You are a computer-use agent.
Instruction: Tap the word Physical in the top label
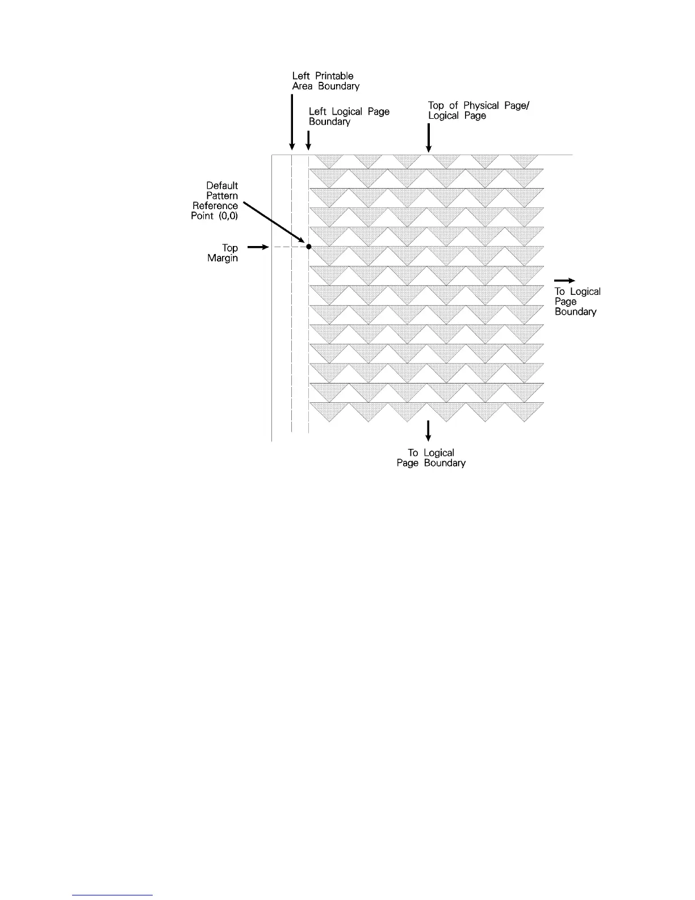point(481,106)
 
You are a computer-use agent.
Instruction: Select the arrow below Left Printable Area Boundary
point(292,122)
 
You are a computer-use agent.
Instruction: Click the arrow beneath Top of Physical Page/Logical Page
point(429,138)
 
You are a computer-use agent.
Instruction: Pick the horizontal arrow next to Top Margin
point(257,247)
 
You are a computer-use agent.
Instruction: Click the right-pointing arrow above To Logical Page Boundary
point(564,280)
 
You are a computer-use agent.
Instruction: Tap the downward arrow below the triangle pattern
point(428,431)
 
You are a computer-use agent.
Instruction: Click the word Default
point(222,186)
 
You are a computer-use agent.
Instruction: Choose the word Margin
point(223,259)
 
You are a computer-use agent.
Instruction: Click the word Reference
point(215,206)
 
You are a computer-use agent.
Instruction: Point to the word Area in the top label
point(302,86)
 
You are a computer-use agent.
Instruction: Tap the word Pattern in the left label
point(222,196)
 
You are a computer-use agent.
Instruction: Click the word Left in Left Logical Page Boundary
point(317,112)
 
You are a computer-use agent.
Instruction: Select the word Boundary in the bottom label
point(445,463)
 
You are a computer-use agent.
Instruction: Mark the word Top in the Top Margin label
point(230,248)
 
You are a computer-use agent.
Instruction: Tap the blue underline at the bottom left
point(113,895)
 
